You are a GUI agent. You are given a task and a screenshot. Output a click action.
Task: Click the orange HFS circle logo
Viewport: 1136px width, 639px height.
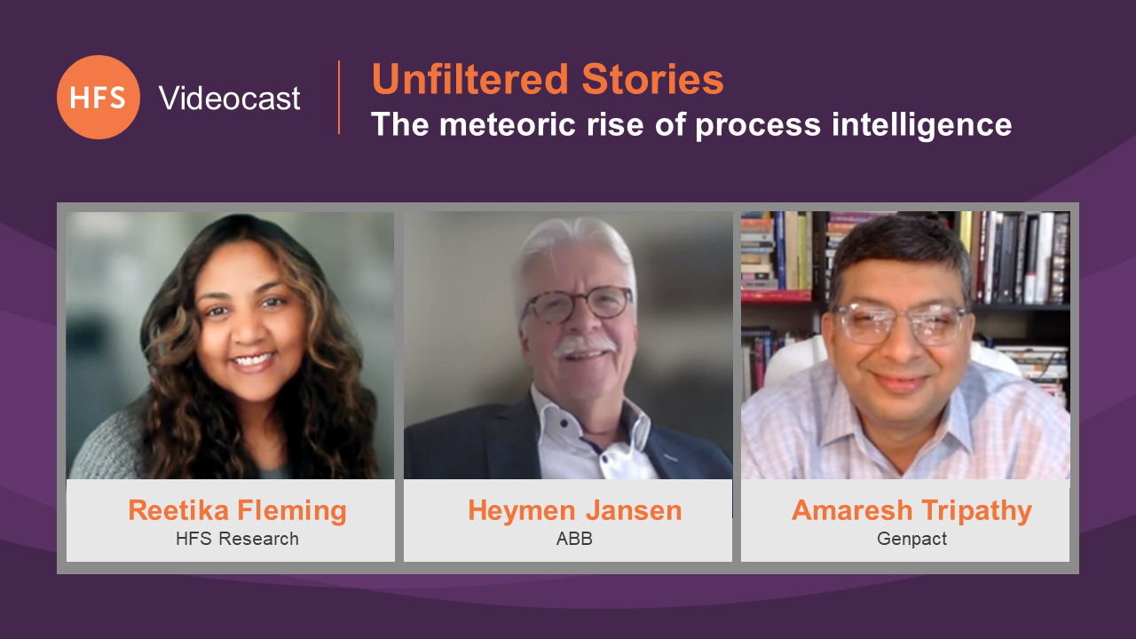tap(99, 98)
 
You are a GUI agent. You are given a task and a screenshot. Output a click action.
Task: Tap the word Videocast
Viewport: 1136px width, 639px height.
tap(229, 98)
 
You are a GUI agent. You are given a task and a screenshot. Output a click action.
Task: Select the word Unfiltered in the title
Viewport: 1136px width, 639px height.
tap(470, 79)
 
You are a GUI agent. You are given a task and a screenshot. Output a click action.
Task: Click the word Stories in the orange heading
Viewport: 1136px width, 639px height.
tap(652, 79)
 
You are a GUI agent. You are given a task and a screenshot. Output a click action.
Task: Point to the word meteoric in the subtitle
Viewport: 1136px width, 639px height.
tap(507, 124)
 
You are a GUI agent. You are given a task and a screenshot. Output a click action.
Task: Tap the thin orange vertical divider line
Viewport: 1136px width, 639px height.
tap(339, 98)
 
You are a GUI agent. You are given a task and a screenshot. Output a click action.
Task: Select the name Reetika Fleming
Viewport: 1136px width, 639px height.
tap(237, 510)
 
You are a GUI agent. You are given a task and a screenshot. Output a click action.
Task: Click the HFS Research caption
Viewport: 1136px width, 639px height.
tap(237, 539)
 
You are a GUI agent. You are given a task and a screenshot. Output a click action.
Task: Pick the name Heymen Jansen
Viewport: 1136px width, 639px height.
tap(574, 510)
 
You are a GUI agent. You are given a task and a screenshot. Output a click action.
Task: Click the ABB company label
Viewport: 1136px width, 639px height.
tap(574, 539)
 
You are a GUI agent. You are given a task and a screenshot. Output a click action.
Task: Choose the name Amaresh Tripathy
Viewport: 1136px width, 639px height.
tap(911, 510)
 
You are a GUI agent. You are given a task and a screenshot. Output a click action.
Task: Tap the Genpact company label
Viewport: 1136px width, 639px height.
tap(911, 539)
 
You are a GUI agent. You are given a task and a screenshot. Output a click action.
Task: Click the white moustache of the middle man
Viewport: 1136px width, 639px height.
tap(584, 346)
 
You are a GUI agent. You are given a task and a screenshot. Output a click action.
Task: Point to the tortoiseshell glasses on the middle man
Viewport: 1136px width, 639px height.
tap(578, 304)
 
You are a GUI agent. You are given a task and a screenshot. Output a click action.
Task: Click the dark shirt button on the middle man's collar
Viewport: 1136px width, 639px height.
tap(564, 422)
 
